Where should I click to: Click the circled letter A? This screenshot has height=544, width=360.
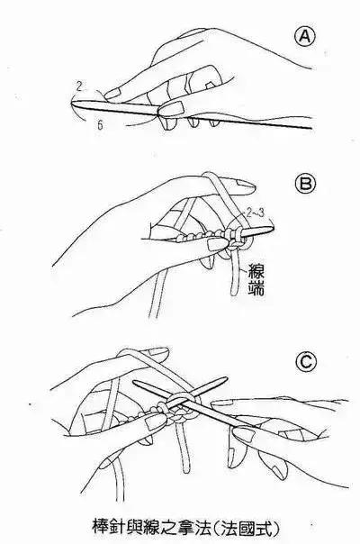coord(305,37)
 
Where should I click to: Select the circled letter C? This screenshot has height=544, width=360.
coord(306,362)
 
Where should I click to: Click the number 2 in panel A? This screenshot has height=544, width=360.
coord(79,86)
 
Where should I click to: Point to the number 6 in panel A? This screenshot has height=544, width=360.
coord(100,125)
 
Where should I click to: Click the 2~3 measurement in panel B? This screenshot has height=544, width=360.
coord(255,213)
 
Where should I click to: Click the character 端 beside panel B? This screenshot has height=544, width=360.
coord(256,287)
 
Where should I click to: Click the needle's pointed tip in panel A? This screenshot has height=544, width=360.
coord(72,102)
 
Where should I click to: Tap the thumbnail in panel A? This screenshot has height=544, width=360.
coord(173,107)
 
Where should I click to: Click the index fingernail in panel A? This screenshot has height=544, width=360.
coord(112,93)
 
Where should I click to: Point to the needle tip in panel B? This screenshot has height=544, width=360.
coord(273,228)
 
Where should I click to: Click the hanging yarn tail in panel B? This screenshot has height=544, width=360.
coord(236,274)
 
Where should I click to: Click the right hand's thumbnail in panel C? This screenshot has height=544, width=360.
coord(244,434)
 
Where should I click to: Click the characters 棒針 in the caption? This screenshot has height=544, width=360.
coord(108,528)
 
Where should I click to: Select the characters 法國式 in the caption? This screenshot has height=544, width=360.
coord(246,528)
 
